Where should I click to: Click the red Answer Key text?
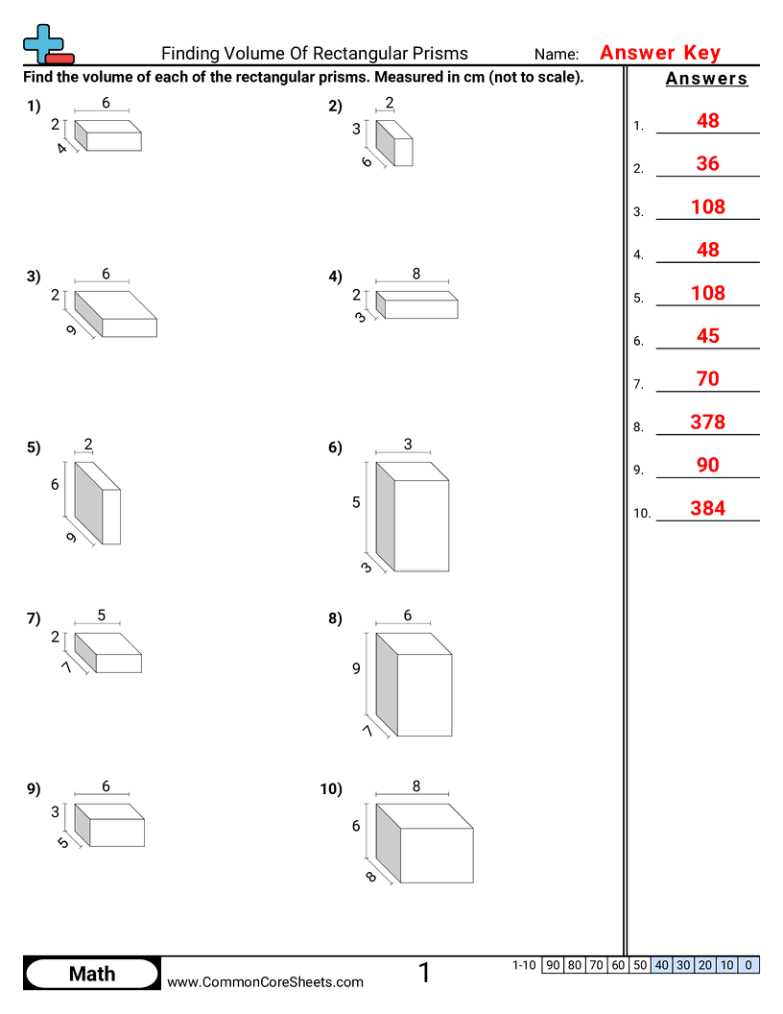(x=659, y=53)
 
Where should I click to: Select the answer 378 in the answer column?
(x=707, y=422)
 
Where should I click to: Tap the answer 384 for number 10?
(x=707, y=508)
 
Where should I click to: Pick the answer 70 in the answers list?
(x=707, y=378)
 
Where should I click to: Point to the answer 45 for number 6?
(x=707, y=335)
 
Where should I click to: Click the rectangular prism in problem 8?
(x=414, y=684)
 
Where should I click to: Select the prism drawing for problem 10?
(x=424, y=843)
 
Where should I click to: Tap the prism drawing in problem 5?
(x=98, y=503)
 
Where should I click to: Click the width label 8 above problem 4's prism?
(x=416, y=274)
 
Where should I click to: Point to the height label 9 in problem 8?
(x=356, y=668)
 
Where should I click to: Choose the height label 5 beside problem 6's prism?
(x=356, y=502)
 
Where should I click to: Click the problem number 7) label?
(x=34, y=618)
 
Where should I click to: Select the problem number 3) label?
(x=34, y=277)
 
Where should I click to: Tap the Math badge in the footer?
(x=92, y=974)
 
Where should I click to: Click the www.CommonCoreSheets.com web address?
(x=266, y=981)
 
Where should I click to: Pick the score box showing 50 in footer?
(x=640, y=965)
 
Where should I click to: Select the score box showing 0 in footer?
(x=748, y=965)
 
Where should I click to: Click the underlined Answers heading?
(x=706, y=79)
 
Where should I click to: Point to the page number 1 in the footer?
(x=424, y=973)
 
